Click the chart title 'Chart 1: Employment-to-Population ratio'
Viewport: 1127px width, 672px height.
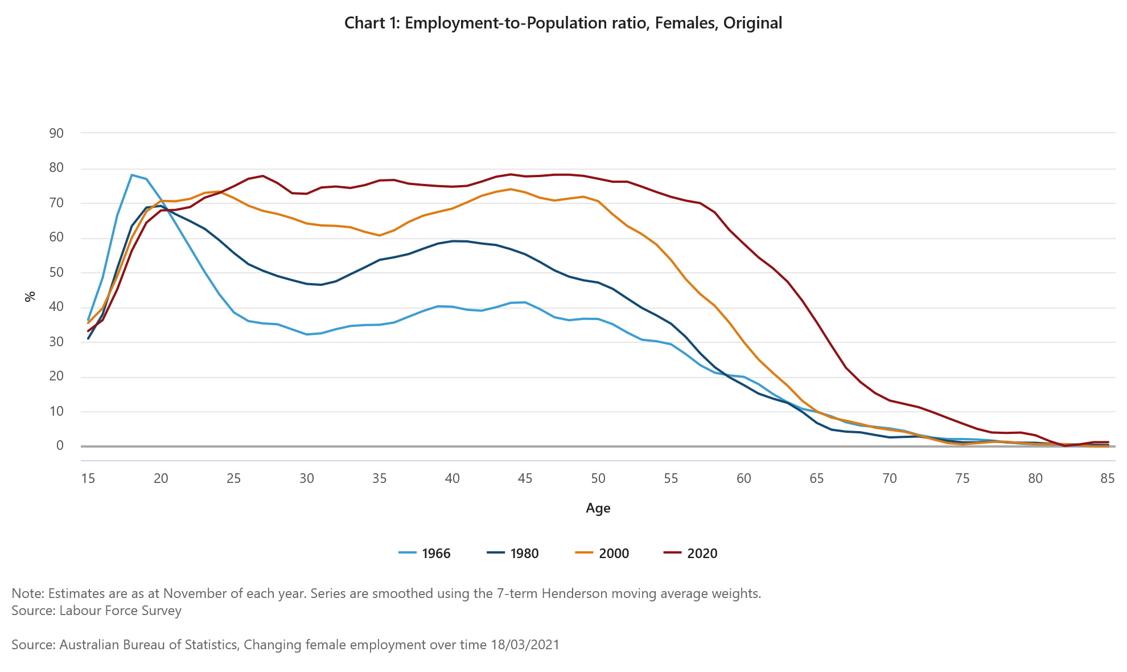coord(563,23)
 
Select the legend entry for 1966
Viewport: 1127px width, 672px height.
coord(425,554)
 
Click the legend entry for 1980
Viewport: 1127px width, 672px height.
coord(513,554)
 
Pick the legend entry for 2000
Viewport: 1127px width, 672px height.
coord(602,554)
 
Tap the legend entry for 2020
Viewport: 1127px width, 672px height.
coord(690,554)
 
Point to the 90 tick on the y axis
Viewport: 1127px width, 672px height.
coord(56,133)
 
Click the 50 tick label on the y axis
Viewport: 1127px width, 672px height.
coord(56,272)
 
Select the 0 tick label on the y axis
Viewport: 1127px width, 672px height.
coord(60,445)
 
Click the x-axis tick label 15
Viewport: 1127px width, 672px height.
coord(88,478)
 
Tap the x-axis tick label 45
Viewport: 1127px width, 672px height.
coord(525,478)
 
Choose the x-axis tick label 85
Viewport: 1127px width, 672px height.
coord(1107,478)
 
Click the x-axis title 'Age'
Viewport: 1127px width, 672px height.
coord(598,508)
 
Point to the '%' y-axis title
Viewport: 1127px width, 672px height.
coord(30,296)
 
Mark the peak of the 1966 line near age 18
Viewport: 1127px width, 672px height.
coord(132,175)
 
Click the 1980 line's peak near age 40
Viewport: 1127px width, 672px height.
coord(453,241)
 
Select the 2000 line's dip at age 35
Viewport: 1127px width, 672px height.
coord(380,235)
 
